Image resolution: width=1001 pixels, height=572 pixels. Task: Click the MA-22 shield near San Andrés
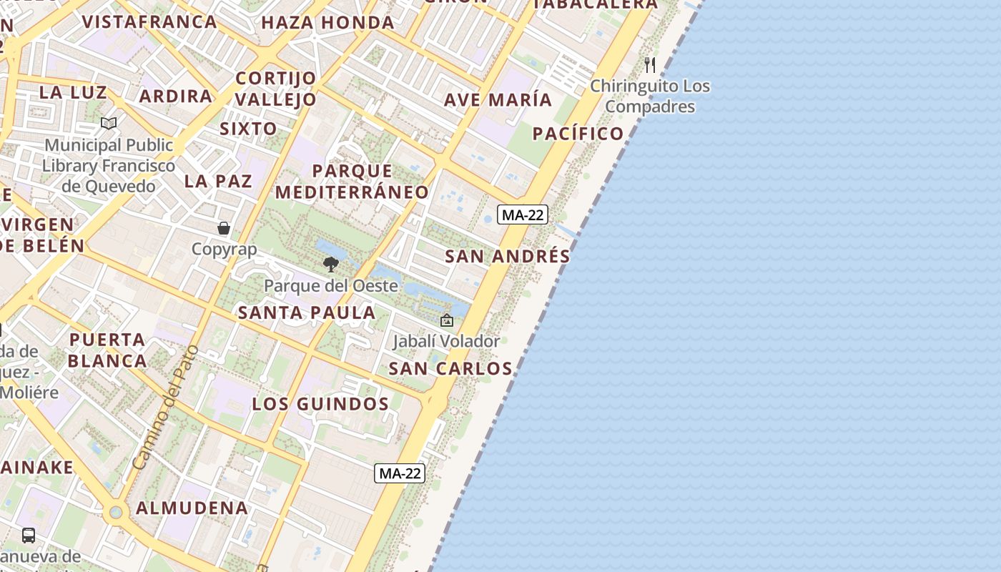tap(523, 214)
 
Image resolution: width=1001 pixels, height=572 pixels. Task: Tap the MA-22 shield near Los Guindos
tap(400, 473)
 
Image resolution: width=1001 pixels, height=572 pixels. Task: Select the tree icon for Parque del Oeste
tap(330, 265)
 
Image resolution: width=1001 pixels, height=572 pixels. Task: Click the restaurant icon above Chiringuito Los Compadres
tap(650, 65)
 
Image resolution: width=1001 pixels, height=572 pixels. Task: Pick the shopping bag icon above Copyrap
tap(224, 228)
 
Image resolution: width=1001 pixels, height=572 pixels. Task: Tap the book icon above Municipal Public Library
tap(109, 124)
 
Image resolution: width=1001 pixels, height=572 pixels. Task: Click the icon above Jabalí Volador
tap(447, 320)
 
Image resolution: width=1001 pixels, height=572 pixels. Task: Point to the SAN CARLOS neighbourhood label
tap(450, 369)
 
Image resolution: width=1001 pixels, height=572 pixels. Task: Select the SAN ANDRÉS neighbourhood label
tap(508, 257)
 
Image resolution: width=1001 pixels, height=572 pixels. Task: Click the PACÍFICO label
tap(578, 134)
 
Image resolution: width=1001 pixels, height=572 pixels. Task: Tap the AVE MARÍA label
tap(498, 100)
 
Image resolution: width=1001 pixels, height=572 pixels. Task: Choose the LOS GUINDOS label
tap(320, 404)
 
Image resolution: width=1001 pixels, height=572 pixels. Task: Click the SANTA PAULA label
tap(307, 312)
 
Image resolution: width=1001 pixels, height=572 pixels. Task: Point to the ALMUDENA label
tap(192, 508)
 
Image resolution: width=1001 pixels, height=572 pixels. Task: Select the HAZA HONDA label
tap(328, 23)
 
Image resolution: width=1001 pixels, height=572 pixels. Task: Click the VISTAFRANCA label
tap(149, 21)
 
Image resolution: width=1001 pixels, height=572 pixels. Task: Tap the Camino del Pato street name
tap(164, 408)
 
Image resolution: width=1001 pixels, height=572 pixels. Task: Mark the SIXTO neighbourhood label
tap(248, 129)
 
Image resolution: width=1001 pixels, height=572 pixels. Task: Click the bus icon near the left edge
tap(29, 535)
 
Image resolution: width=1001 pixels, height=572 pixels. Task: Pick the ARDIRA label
tap(176, 96)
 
